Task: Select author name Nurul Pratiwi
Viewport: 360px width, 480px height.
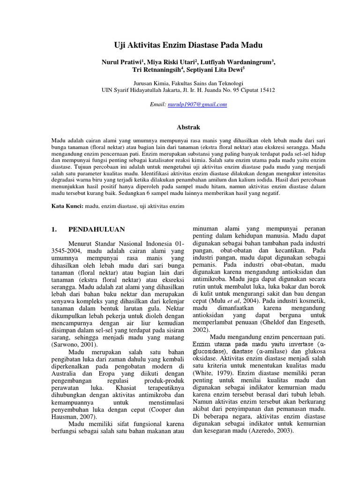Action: click(x=120, y=62)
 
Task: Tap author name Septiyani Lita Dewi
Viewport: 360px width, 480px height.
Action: click(x=221, y=70)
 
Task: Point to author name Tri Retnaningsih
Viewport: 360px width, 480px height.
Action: click(x=151, y=70)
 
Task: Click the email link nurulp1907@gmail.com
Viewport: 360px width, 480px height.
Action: click(x=197, y=105)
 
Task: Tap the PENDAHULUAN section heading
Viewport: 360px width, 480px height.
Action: click(x=97, y=229)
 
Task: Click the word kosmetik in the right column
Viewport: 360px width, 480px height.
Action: click(x=312, y=299)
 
